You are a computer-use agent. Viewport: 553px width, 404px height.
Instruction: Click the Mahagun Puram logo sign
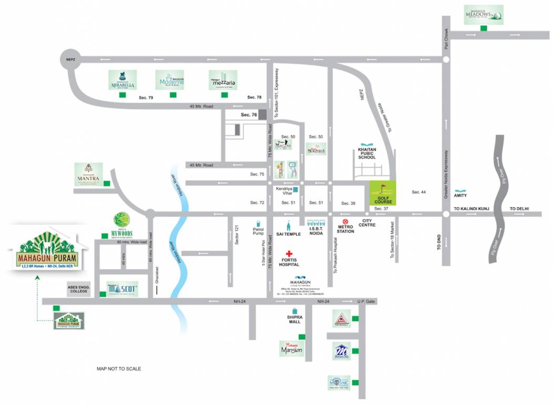tap(46, 251)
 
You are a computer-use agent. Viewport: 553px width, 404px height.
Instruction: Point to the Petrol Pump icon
tap(258, 223)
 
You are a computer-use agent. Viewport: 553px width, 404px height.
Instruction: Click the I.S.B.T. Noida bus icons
tap(316, 223)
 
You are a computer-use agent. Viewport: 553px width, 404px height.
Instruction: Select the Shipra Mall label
tap(293, 319)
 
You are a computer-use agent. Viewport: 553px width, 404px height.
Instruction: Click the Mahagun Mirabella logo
tap(122, 80)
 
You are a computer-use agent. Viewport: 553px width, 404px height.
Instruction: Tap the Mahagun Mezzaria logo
tap(224, 80)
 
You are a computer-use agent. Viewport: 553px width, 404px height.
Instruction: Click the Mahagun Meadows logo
tap(483, 14)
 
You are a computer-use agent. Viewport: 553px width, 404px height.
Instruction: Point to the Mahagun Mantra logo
tap(88, 175)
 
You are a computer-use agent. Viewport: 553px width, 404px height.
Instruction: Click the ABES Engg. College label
tap(78, 289)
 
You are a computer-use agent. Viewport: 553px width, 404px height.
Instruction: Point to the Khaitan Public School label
tap(366, 153)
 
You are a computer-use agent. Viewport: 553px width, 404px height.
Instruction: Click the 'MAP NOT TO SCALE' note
tap(118, 369)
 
